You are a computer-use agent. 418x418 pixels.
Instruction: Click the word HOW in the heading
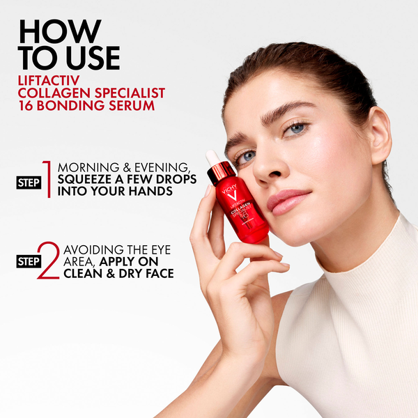pyautogui.click(x=60, y=31)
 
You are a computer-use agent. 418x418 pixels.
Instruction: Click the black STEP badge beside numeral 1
pyautogui.click(x=28, y=183)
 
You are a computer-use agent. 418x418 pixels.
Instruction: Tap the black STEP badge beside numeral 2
pyautogui.click(x=28, y=262)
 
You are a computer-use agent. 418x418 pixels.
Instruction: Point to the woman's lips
pyautogui.click(x=286, y=201)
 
